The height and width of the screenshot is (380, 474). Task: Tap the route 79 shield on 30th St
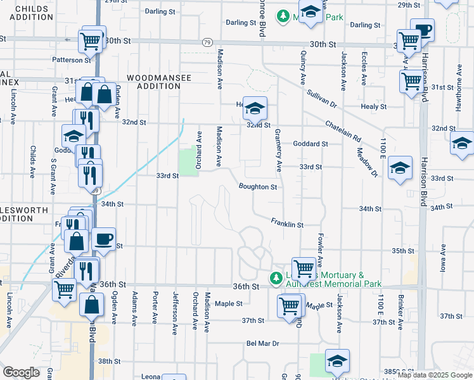pos(207,42)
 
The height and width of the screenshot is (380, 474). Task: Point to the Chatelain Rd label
pos(343,130)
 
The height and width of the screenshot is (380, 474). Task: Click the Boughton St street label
pos(258,187)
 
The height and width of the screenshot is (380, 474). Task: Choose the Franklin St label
pos(287,224)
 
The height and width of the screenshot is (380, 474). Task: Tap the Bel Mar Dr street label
pos(263,343)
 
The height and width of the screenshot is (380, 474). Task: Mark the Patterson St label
pos(72,60)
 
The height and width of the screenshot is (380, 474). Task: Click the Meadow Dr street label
pos(366,162)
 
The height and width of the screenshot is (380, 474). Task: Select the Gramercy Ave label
pos(278,150)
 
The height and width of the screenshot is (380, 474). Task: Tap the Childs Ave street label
pos(32,162)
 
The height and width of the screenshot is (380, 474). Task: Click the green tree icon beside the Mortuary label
pos(276,278)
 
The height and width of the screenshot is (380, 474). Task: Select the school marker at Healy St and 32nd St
pos(255,110)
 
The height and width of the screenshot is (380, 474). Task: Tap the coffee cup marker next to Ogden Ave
pos(103,239)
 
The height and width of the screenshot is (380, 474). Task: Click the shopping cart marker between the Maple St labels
pos(290,306)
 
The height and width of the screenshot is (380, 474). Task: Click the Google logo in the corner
pos(22,372)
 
